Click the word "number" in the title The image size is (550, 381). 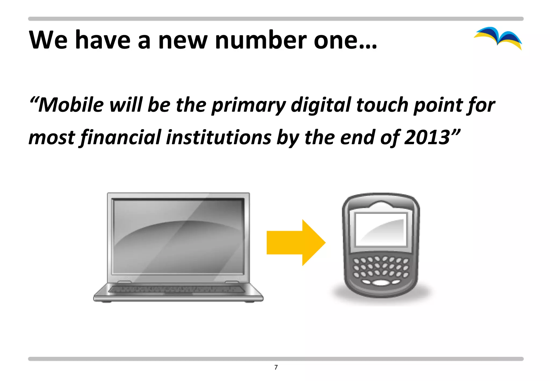pyautogui.click(x=260, y=40)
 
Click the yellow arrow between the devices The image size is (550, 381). pyautogui.click(x=295, y=242)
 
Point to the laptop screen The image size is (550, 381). pyautogui.click(x=178, y=236)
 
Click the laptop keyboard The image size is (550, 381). pyautogui.click(x=177, y=289)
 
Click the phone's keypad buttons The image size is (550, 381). pyautogui.click(x=381, y=267)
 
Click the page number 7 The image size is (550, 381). pyautogui.click(x=276, y=367)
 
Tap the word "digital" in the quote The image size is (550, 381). pyautogui.click(x=321, y=105)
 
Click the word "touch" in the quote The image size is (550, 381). pyautogui.click(x=382, y=105)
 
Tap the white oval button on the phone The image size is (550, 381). pyautogui.click(x=381, y=283)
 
